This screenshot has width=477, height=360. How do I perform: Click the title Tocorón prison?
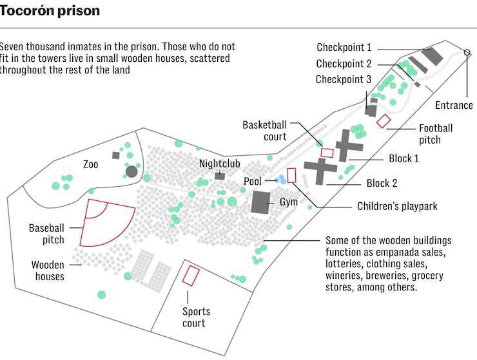coord(50,12)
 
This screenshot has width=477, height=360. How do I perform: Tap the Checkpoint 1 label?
coord(344,48)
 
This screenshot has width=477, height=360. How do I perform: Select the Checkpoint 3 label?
coord(344,79)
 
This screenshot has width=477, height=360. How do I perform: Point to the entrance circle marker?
coord(467,52)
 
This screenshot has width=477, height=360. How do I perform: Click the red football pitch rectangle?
coord(384,120)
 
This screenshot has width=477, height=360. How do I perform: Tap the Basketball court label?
coord(264,129)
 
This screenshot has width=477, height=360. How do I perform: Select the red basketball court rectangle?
coord(327,153)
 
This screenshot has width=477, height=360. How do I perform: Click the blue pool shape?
coord(281,180)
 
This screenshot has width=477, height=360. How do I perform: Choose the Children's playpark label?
coord(397,207)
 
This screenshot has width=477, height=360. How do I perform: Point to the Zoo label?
coord(91,164)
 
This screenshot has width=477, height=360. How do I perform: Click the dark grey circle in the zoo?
coord(131,171)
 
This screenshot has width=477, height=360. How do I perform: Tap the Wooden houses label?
coord(48,270)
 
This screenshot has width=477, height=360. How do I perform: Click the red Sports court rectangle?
coord(190,274)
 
